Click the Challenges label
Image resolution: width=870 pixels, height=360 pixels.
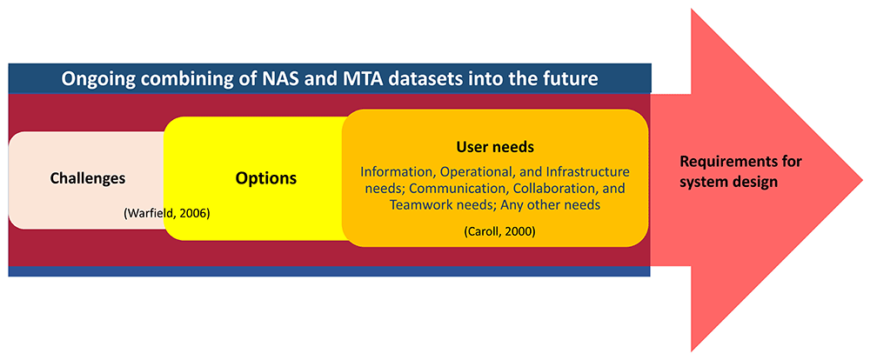88,178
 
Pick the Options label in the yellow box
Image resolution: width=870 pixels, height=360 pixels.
265,178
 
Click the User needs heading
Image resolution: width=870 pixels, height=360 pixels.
495,147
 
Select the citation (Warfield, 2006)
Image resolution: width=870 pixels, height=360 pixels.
167,213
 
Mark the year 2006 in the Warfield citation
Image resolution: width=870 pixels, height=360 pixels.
195,213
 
